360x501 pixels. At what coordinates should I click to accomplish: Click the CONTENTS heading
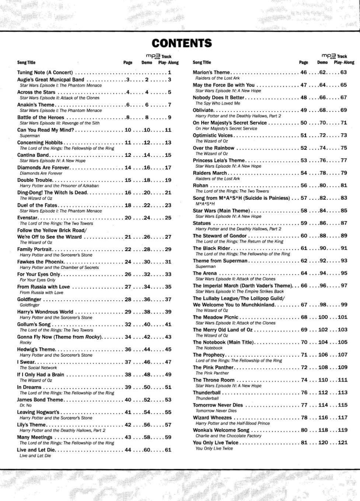pyautogui.click(x=181, y=43)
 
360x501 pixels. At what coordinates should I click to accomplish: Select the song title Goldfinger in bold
pyautogui.click(x=29, y=299)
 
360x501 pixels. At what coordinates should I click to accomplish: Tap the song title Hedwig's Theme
pyautogui.click(x=36, y=350)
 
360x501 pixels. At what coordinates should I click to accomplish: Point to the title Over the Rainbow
pyautogui.click(x=213, y=148)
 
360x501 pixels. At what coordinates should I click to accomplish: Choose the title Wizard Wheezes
pyautogui.click(x=212, y=418)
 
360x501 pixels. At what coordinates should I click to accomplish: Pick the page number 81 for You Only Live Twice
pyautogui.click(x=304, y=443)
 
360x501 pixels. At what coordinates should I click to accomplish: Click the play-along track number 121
pyautogui.click(x=342, y=443)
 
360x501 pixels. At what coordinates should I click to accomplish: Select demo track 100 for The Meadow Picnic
pyautogui.click(x=323, y=317)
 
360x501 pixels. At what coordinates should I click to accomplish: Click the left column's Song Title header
pyautogui.click(x=26, y=63)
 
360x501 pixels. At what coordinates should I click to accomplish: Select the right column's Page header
pyautogui.click(x=304, y=63)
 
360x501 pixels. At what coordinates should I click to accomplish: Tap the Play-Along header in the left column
pyautogui.click(x=168, y=63)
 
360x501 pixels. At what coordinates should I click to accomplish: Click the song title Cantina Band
pyautogui.click(x=33, y=155)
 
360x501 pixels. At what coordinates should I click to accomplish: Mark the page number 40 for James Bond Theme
pyautogui.click(x=128, y=400)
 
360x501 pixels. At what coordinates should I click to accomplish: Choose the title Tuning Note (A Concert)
pyautogui.click(x=45, y=73)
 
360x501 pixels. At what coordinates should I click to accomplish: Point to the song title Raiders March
pyautogui.click(x=210, y=173)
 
